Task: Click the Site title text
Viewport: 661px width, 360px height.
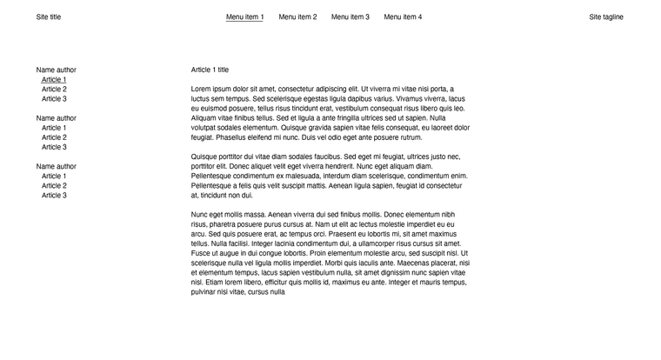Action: pos(49,17)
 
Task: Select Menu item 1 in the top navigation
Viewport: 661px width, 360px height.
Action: pos(244,17)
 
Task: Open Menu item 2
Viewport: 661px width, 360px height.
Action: pos(297,17)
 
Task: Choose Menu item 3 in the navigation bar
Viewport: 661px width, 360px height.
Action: pos(350,17)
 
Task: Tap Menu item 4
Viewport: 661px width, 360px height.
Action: pos(403,17)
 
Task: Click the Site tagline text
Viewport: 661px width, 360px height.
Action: pos(605,17)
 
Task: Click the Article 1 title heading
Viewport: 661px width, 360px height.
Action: pos(210,70)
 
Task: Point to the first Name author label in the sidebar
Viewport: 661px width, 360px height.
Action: pos(57,70)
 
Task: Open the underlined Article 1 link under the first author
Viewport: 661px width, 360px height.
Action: pos(54,80)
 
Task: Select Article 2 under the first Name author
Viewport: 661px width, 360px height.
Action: pos(54,90)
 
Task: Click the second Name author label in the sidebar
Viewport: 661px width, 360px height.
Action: pos(57,118)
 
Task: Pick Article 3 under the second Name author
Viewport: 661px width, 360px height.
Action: pos(54,147)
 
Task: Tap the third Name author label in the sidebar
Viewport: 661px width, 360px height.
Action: pos(57,166)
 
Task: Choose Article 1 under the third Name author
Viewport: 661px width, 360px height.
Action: pos(54,177)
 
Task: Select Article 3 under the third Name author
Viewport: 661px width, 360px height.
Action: pos(54,196)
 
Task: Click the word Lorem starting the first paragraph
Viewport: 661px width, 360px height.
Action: pos(201,89)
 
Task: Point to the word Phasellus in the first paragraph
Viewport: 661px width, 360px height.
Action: pos(231,137)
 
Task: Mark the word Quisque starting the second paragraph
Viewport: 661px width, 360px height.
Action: pos(205,157)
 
